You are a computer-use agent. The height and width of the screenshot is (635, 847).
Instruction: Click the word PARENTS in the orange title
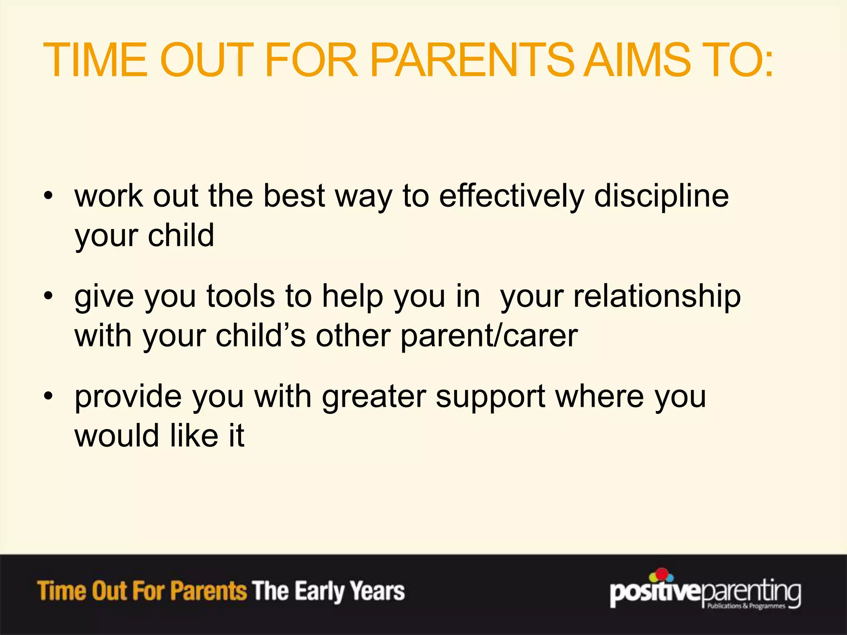(x=471, y=60)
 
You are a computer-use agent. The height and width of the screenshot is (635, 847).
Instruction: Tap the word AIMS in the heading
(x=639, y=60)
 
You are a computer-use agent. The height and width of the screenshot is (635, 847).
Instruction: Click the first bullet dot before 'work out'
(x=49, y=196)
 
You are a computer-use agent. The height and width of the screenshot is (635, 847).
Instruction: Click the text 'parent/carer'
(x=489, y=336)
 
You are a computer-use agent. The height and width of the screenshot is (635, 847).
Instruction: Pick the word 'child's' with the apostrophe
(x=261, y=336)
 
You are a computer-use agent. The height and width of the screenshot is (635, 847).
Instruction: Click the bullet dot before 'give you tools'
(x=49, y=296)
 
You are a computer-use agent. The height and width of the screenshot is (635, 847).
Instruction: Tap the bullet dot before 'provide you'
(x=49, y=396)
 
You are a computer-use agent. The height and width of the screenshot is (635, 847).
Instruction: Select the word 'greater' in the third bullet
(x=374, y=397)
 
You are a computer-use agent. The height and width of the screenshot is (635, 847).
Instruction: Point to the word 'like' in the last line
(x=194, y=436)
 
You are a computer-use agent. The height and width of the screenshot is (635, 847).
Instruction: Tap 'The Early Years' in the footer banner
(x=328, y=591)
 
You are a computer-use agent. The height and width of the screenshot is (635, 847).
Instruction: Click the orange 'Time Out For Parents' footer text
(x=142, y=591)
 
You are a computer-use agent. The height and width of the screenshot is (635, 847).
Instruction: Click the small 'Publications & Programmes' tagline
(x=746, y=606)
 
